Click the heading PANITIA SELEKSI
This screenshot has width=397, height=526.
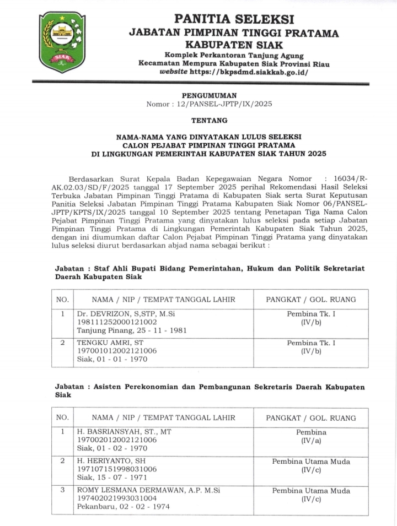tap(234, 19)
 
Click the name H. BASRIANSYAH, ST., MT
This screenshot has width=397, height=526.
tap(124, 432)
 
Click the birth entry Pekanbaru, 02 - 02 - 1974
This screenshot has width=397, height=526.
tap(123, 507)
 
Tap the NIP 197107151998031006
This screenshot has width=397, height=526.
tap(117, 469)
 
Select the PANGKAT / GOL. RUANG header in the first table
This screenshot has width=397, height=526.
tap(311, 299)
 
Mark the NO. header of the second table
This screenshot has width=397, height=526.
tap(63, 418)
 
